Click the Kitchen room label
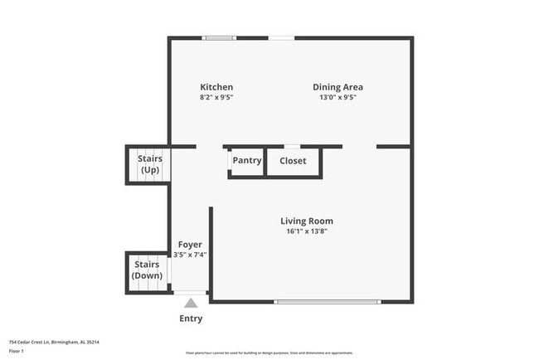(x=216, y=87)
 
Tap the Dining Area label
(x=337, y=87)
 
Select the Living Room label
(x=306, y=221)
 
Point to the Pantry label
(x=247, y=161)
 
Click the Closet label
(x=293, y=161)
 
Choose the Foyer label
(x=190, y=245)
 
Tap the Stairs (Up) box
(x=149, y=163)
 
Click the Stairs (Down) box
(x=147, y=270)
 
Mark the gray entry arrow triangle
(x=191, y=304)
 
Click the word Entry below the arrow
(x=191, y=319)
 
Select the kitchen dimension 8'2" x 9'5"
(x=216, y=97)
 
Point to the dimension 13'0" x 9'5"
(x=337, y=97)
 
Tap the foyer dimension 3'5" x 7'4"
(x=190, y=255)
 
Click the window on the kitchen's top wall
(x=220, y=37)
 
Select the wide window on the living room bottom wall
(x=328, y=301)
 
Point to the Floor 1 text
(x=17, y=351)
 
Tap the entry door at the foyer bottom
(x=191, y=293)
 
